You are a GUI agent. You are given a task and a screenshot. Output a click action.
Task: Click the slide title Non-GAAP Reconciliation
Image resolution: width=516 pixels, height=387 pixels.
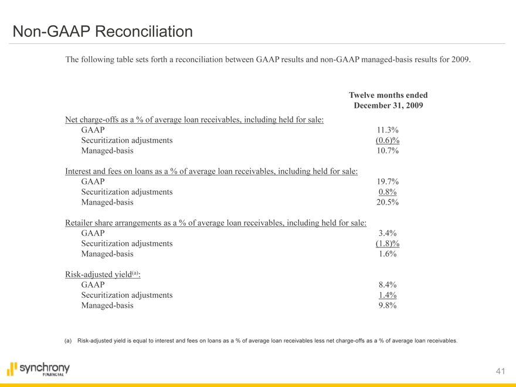click(x=103, y=31)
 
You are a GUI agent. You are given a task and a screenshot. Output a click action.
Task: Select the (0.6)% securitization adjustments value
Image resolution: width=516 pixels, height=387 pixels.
click(x=387, y=141)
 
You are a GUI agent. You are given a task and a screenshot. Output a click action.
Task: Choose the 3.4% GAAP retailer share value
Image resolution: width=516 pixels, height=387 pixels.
click(x=389, y=233)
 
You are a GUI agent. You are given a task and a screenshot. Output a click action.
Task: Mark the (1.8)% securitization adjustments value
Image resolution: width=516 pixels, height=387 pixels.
click(x=387, y=244)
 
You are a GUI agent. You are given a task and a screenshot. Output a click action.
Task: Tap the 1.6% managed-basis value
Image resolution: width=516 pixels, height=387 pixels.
click(x=389, y=254)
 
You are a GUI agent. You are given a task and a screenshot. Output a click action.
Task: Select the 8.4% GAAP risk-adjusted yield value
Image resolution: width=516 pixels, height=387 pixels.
click(x=389, y=285)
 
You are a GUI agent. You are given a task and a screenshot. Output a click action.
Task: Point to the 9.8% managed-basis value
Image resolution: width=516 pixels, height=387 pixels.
click(x=389, y=305)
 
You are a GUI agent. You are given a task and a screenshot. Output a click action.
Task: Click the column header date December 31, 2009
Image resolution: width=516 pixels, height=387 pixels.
click(x=388, y=106)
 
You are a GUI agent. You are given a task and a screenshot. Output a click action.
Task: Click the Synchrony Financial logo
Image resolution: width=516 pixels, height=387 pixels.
click(x=38, y=369)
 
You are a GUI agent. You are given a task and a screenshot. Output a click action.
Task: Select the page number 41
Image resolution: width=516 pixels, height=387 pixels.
click(x=500, y=371)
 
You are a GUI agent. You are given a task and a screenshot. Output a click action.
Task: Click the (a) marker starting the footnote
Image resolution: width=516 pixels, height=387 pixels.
click(x=67, y=341)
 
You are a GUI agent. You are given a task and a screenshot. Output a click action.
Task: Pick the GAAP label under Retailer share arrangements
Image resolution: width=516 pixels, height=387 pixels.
click(x=93, y=233)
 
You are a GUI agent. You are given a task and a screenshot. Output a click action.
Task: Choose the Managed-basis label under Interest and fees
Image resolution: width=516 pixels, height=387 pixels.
click(x=107, y=203)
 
